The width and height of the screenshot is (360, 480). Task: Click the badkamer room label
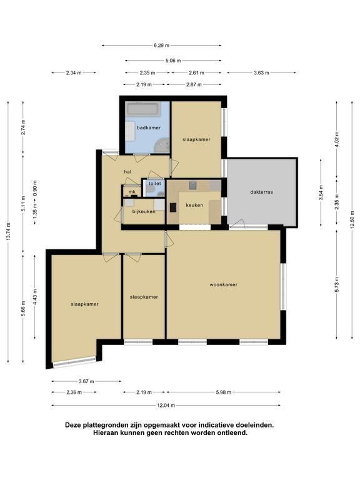point(149,127)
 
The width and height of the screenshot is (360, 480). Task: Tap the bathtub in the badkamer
point(144,109)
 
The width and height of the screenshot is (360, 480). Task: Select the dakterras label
point(261,192)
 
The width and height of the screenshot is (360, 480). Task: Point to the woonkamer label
point(224,285)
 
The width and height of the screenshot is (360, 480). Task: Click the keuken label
point(194,205)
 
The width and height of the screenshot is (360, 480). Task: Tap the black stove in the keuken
point(173,207)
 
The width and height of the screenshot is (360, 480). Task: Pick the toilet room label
point(155,184)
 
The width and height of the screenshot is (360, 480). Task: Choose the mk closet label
point(132,192)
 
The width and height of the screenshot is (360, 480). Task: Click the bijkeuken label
point(144,211)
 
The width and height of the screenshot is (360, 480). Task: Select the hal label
point(127,172)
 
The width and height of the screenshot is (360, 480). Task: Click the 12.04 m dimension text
point(166,406)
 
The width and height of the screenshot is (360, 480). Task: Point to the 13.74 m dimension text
point(8,231)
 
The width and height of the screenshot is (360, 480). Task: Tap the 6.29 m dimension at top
point(161,46)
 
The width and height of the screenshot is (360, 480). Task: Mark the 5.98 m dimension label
point(224,392)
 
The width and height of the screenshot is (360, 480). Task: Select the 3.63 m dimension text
point(261,73)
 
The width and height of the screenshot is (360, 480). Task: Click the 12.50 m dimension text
point(352,219)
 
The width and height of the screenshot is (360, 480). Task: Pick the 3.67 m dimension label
point(86,381)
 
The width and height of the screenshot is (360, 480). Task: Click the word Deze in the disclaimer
point(72,425)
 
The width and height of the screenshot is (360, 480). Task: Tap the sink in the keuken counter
point(192,185)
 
